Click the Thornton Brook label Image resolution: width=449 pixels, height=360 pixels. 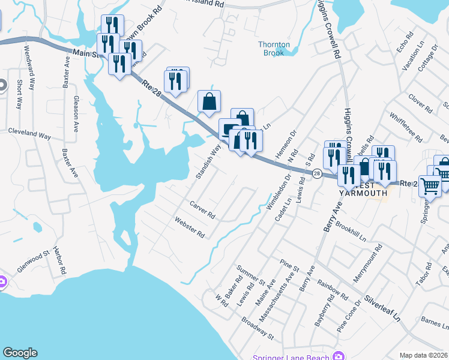pos(274,49)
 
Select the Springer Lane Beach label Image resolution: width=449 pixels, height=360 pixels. pos(292,358)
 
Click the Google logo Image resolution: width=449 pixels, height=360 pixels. pos(20,353)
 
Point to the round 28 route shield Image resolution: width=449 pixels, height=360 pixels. pos(316,173)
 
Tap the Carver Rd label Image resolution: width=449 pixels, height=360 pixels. pos(202,210)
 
